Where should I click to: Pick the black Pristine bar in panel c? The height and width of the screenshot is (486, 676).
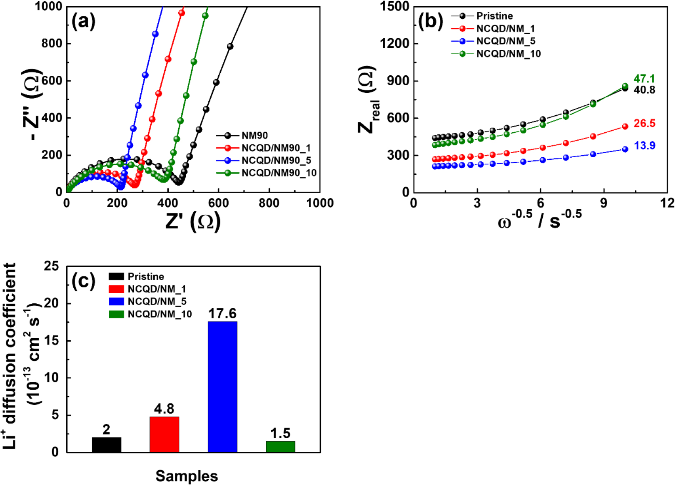pyautogui.click(x=107, y=444)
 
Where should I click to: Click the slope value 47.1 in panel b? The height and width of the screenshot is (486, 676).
pyautogui.click(x=644, y=79)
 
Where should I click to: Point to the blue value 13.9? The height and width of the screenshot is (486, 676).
pyautogui.click(x=644, y=146)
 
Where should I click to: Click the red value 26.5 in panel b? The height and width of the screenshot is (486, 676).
pyautogui.click(x=644, y=123)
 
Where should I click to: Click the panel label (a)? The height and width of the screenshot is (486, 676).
pyautogui.click(x=83, y=21)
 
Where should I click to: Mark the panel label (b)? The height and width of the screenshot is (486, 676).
pyautogui.click(x=431, y=21)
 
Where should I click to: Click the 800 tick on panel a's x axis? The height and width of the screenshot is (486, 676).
pyautogui.click(x=269, y=203)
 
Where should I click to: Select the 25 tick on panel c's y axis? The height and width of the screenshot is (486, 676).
pyautogui.click(x=51, y=266)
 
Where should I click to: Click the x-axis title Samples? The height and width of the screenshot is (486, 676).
pyautogui.click(x=187, y=476)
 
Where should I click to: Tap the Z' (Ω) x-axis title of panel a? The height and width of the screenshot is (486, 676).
pyautogui.click(x=193, y=221)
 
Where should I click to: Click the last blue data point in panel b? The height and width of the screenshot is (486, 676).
pyautogui.click(x=625, y=149)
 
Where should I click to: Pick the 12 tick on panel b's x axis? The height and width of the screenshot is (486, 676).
pyautogui.click(x=667, y=203)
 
